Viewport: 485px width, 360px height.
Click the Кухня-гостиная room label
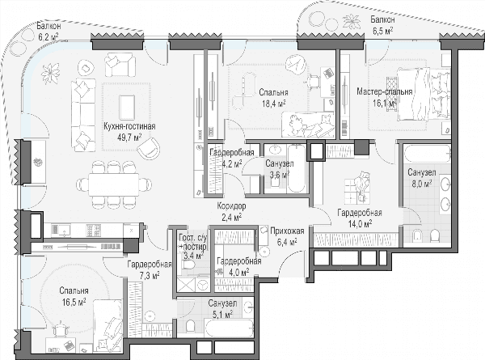129,126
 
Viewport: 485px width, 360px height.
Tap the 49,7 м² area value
129,137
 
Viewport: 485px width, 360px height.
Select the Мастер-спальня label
385,91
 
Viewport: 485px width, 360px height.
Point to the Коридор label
231,205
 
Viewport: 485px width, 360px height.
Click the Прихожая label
287,231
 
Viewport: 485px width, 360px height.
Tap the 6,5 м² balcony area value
382,31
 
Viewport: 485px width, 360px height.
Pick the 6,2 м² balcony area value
48,37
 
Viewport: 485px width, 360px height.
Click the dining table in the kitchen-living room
113,184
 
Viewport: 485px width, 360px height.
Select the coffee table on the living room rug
127,108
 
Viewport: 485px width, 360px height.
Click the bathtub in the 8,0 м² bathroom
427,154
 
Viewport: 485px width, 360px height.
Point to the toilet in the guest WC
188,265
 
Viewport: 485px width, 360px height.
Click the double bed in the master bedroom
423,95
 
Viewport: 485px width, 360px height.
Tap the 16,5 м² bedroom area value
74,302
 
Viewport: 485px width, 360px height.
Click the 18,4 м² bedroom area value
273,103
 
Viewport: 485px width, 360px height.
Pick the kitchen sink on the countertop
61,230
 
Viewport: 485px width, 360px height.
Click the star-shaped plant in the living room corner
50,73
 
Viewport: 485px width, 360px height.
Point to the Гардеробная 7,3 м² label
150,270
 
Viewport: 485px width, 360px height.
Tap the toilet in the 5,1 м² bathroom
191,326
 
